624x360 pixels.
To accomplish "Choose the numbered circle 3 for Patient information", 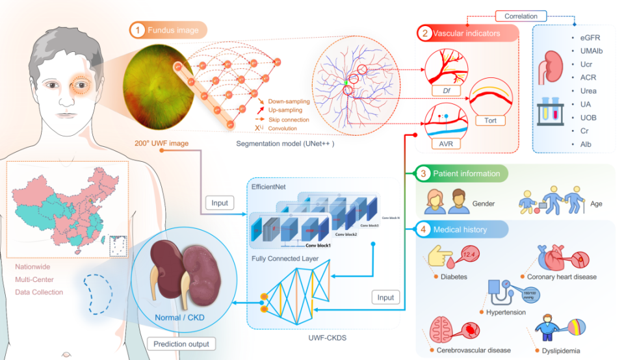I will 423,174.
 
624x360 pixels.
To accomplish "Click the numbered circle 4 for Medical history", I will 423,229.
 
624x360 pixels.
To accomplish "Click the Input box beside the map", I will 220,203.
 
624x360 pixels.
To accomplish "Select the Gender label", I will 484,203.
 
